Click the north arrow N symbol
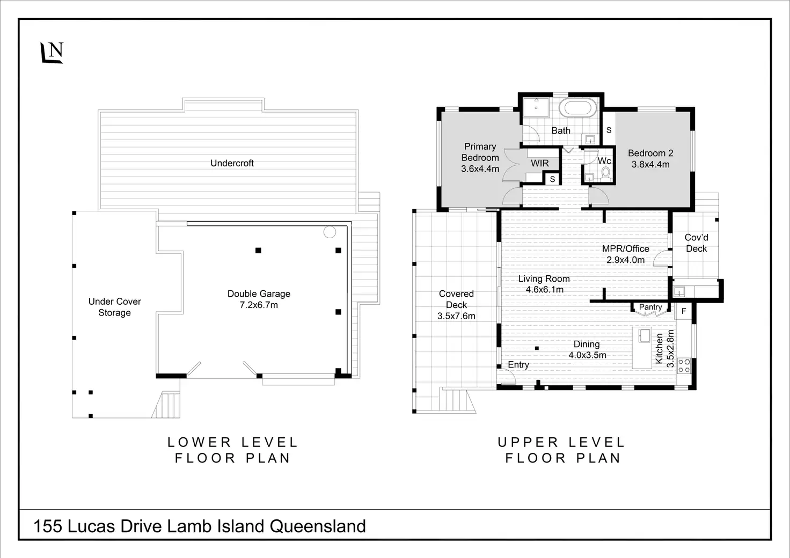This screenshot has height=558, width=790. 52,53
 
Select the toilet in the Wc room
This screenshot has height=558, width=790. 606,173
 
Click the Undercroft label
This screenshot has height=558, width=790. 232,163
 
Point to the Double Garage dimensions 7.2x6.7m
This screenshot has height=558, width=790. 259,305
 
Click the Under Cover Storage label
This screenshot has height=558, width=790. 115,307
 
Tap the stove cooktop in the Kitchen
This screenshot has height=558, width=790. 684,365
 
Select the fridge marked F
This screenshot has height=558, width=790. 684,311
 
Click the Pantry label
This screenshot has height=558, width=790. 650,307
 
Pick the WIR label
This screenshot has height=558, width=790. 539,163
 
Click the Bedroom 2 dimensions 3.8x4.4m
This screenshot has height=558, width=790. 650,164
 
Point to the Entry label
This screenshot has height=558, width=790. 518,365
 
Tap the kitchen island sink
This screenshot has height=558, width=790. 645,335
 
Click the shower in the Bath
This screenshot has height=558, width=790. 536,107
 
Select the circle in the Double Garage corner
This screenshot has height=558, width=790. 330,232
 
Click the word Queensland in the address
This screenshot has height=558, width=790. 318,526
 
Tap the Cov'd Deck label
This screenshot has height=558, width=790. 696,243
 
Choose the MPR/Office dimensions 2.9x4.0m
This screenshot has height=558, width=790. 625,260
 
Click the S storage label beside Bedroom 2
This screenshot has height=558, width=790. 609,130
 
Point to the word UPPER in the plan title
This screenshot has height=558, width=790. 528,442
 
